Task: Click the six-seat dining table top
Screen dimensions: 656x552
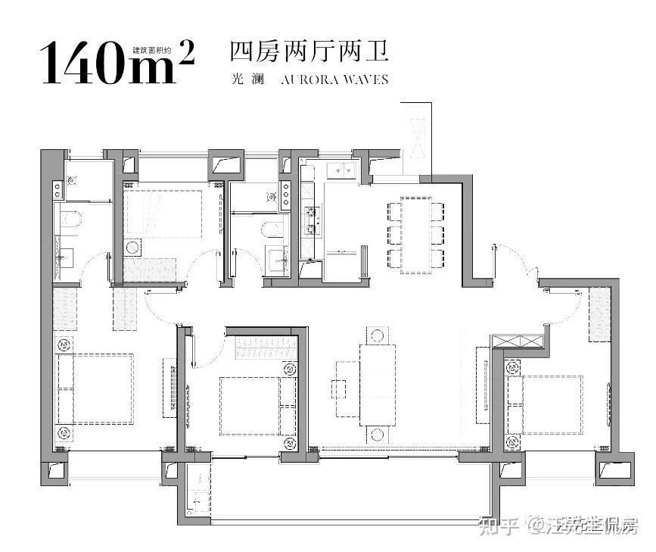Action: tap(415, 235)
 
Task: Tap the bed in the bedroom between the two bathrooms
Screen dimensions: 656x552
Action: tap(163, 214)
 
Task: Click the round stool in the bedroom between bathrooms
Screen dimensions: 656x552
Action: tap(133, 247)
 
